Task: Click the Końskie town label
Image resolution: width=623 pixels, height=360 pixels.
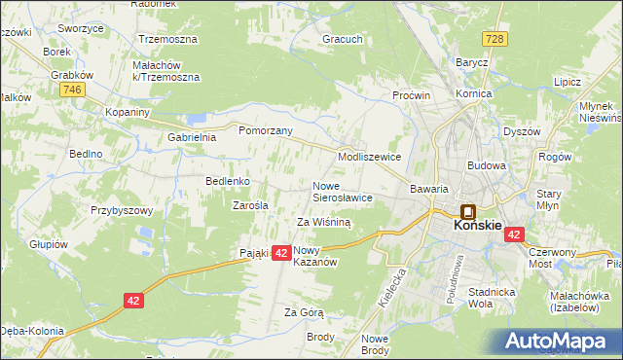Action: pos(478,226)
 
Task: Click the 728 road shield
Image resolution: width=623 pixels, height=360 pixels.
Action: pos(496,38)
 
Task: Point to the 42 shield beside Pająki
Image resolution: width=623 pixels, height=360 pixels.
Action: pos(280,253)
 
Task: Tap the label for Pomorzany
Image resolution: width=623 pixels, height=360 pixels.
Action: pos(266,128)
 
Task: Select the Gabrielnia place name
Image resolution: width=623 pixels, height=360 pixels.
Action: pos(191,138)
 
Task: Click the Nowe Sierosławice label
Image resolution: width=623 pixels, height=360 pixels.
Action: pos(342,192)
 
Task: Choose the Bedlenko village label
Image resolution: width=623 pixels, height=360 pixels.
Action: pos(229,181)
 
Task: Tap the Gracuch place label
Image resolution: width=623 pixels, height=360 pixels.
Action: pos(344,41)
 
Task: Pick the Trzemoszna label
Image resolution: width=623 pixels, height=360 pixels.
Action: pos(167,40)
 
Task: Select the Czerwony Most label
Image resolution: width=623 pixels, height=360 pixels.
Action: pos(552,257)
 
